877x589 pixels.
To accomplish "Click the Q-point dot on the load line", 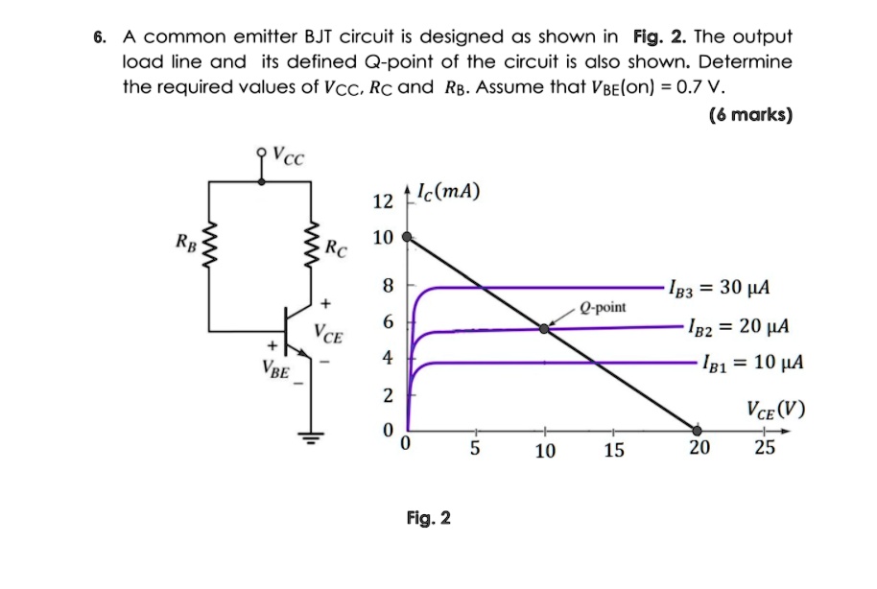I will (544, 328).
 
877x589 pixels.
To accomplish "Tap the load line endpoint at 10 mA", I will (407, 236).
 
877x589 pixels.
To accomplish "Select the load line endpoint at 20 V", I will (698, 431).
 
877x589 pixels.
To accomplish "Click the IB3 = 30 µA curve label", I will (730, 289).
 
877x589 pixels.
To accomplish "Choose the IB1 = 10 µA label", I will (751, 364).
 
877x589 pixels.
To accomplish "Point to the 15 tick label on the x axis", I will (613, 451).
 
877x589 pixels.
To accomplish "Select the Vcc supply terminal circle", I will (261, 152).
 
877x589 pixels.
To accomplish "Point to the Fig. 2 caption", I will (428, 519).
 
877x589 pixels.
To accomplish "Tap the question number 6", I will (99, 38).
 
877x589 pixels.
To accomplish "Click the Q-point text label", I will (604, 307).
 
